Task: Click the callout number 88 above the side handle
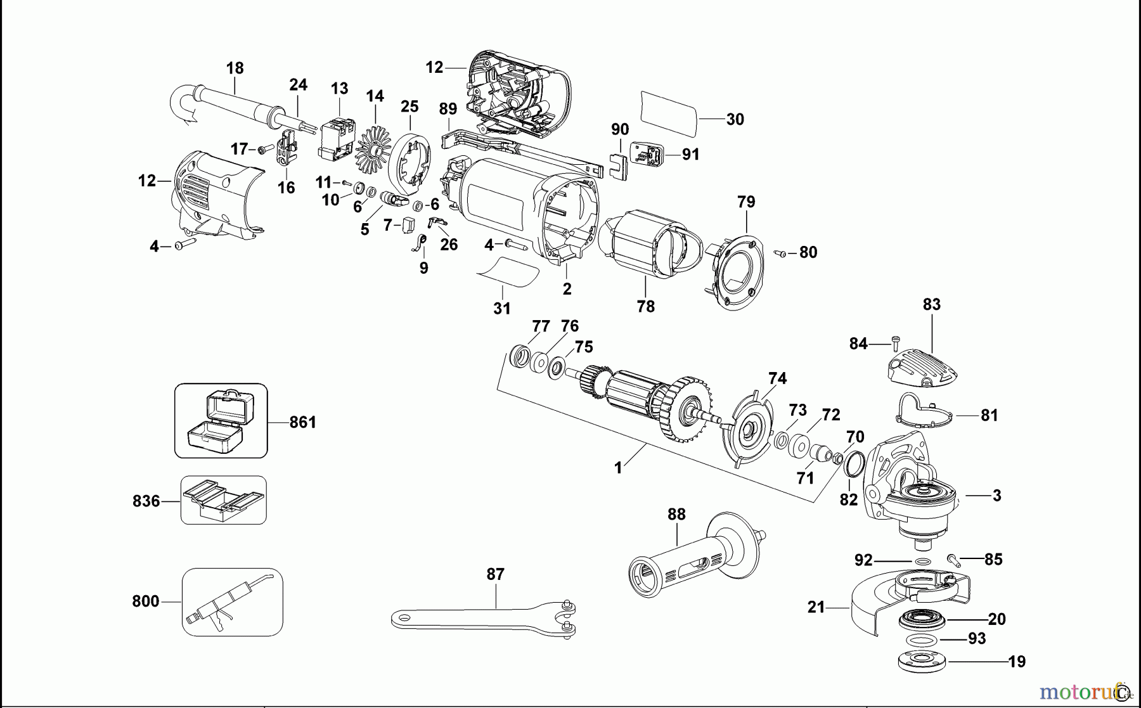[x=676, y=514]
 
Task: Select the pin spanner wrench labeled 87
[x=482, y=617]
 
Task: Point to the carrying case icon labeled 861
[x=221, y=420]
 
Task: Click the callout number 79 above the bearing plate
[x=746, y=202]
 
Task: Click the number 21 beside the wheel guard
[x=816, y=607]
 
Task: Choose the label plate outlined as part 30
[x=668, y=114]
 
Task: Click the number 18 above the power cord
[x=235, y=68]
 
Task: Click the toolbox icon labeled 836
[x=223, y=500]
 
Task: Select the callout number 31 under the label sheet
[x=501, y=308]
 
